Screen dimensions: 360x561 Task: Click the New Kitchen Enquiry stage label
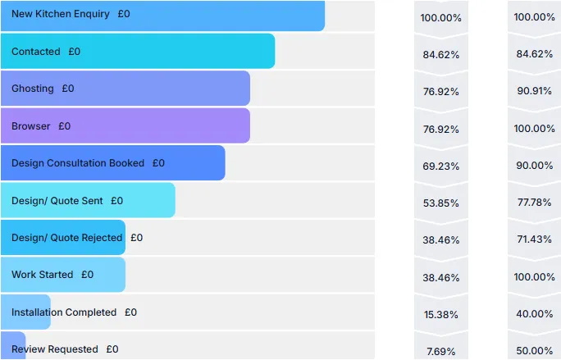pos(60,14)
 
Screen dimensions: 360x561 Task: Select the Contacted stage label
pos(36,52)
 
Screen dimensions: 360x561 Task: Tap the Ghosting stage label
pos(33,89)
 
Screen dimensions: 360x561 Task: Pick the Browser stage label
pos(31,126)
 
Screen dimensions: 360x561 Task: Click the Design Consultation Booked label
pos(78,163)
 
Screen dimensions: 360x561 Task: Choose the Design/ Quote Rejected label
pos(67,238)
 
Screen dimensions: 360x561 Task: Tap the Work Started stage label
pos(43,275)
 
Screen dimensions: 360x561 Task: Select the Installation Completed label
pos(64,312)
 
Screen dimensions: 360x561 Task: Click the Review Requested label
pos(55,349)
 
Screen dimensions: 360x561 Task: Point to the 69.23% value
pos(441,166)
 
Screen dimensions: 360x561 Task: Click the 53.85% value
pos(441,203)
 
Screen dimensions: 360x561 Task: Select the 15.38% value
pos(441,315)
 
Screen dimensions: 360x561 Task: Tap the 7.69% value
pos(441,352)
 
